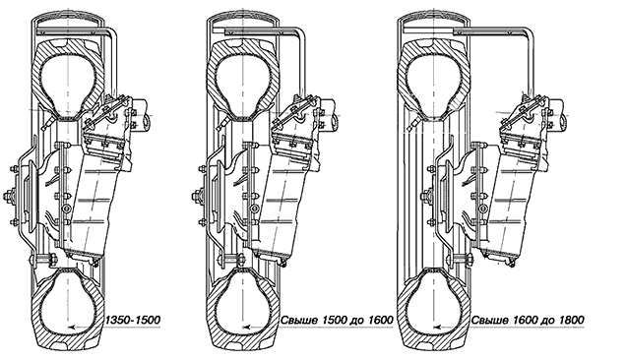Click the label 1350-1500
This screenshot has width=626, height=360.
[x=133, y=320]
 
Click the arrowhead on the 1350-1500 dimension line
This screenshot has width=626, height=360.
[x=72, y=328]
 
